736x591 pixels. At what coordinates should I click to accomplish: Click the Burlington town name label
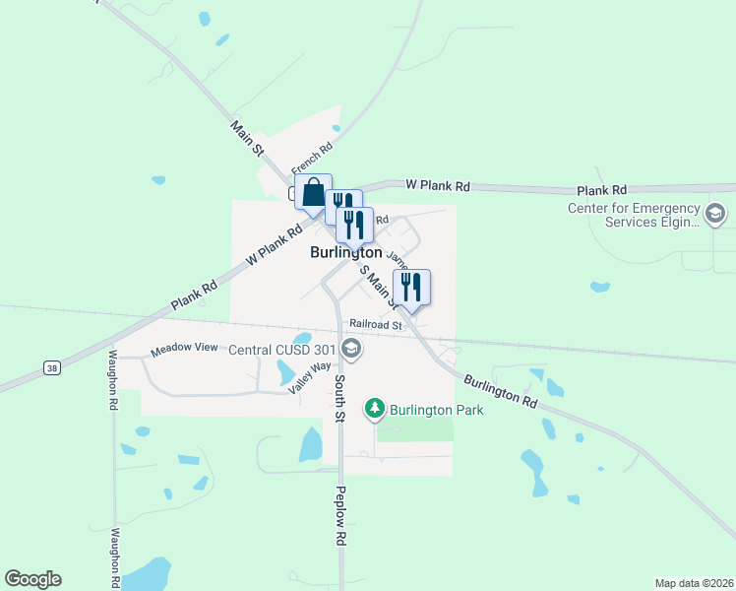coord(345,252)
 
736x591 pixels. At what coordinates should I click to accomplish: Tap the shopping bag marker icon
coord(313,193)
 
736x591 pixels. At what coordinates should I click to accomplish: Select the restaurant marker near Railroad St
coord(412,288)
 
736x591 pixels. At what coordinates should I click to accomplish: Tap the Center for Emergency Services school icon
coord(715,213)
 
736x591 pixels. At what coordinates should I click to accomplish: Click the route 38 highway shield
coord(51,367)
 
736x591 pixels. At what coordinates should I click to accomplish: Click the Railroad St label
coord(377,324)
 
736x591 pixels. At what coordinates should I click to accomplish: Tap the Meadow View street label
coord(184,350)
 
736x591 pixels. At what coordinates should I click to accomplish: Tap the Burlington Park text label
coord(436,410)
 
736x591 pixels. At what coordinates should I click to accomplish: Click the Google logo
coord(32,579)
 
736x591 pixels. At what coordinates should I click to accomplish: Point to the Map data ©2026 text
coord(694,583)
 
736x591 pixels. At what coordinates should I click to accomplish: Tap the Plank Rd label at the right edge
coord(602,190)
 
